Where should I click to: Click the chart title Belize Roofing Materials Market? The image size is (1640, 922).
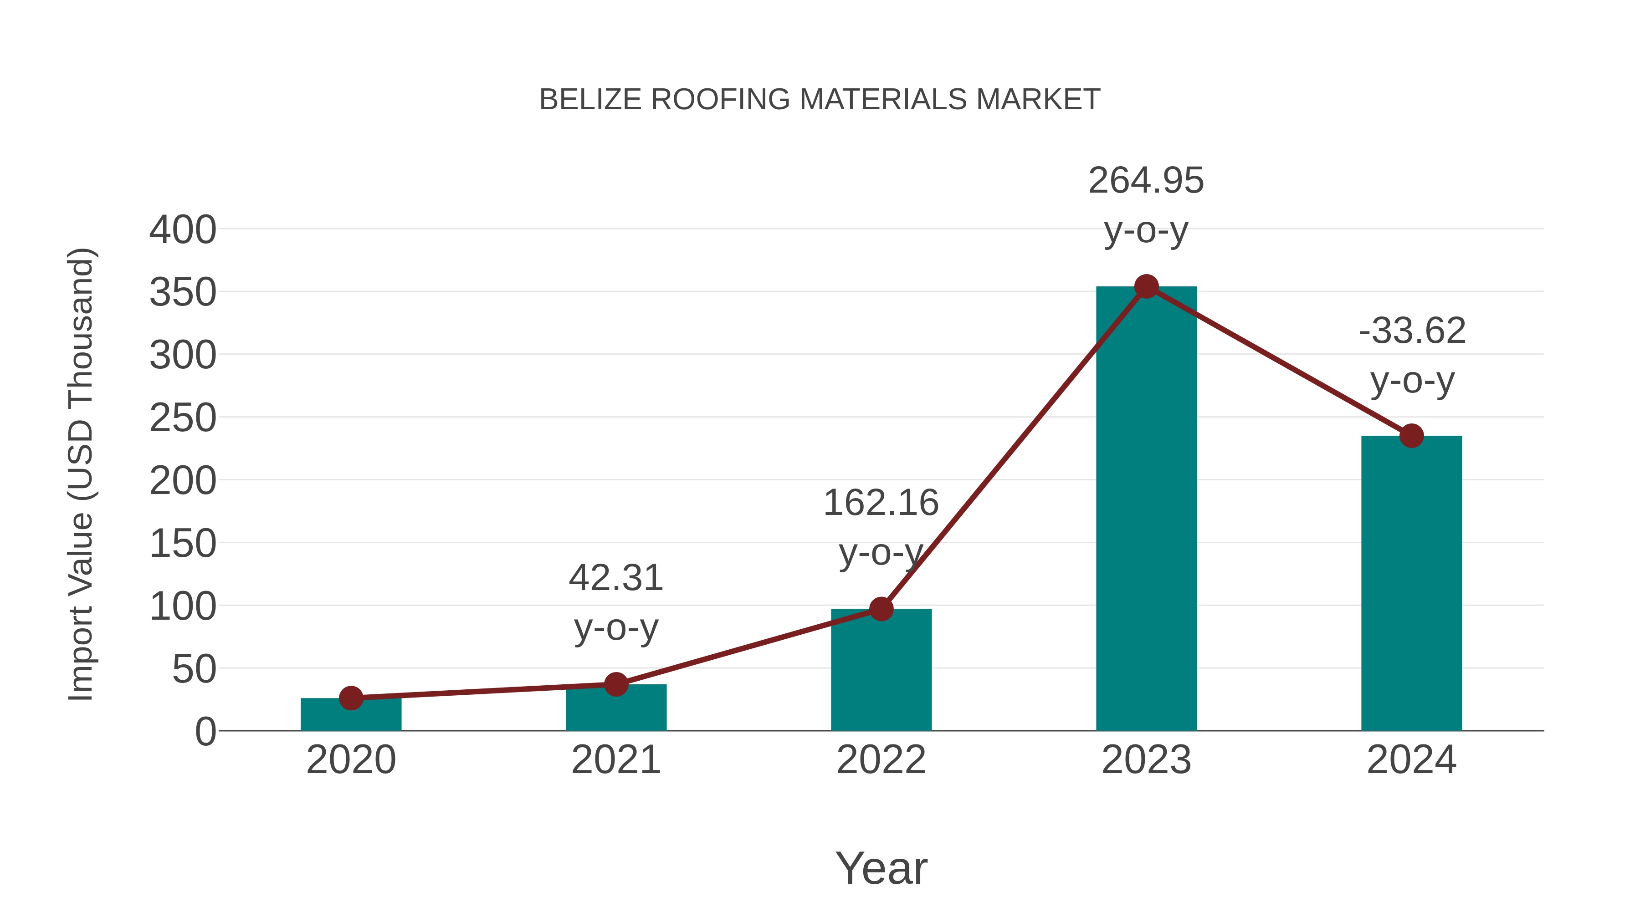[x=820, y=100]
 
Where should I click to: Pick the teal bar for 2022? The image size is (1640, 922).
[x=881, y=671]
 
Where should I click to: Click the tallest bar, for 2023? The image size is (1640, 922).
[x=1146, y=509]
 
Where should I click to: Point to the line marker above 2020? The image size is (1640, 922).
[x=351, y=698]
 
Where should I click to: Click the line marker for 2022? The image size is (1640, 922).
[x=881, y=609]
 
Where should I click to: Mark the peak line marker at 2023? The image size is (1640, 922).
[x=1146, y=286]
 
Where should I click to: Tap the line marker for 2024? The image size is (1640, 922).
[x=1411, y=436]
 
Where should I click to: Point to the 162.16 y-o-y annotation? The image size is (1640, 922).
[x=881, y=526]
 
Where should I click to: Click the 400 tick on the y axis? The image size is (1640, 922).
[x=183, y=230]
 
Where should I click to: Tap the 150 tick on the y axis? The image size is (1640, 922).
[x=183, y=544]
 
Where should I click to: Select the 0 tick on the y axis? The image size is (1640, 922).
[x=205, y=732]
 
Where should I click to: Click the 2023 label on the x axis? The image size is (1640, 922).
[x=1146, y=760]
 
